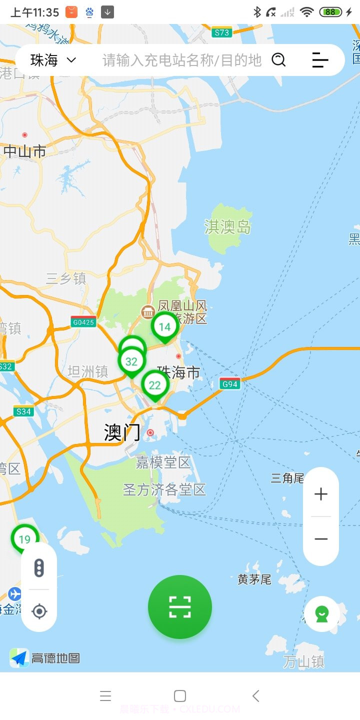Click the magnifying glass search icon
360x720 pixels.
278,60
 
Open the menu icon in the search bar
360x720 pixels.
320,60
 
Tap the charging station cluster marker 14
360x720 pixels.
164,327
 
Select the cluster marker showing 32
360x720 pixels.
131,361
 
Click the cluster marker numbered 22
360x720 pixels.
155,385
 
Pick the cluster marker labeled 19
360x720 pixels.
24,539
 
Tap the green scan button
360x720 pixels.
180,607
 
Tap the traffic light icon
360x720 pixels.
39,567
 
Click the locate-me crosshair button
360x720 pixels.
39,611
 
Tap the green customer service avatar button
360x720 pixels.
321,613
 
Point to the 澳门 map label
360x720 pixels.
122,432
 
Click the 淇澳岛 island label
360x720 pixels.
227,226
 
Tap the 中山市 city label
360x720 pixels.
25,151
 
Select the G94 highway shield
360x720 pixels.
230,384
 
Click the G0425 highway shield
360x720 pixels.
83,322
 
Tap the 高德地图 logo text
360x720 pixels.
55,658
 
